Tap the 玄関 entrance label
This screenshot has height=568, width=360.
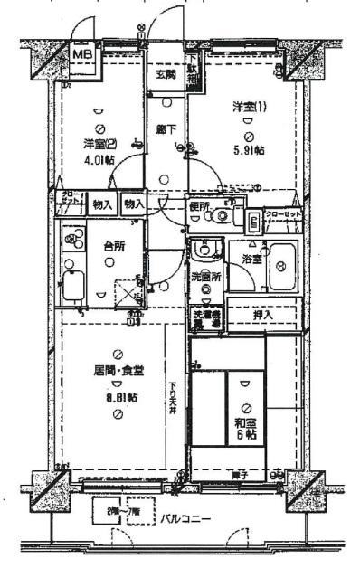(164, 74)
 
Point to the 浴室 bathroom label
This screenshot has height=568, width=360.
(251, 260)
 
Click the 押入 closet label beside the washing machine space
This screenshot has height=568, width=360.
(262, 316)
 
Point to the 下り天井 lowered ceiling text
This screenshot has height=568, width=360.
(172, 399)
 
